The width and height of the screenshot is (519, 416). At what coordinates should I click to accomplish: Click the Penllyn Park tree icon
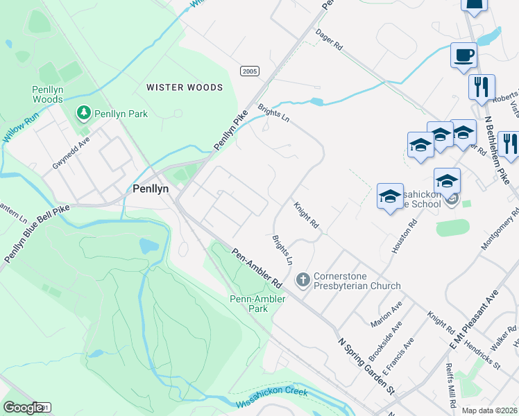pos(83,112)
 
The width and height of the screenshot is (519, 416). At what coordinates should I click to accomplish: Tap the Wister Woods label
pos(185,87)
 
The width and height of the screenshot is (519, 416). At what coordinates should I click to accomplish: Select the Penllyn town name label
pos(152,188)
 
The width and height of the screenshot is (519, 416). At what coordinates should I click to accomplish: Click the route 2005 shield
pos(250,71)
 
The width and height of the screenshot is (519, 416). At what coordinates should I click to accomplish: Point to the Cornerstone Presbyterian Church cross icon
pos(303,280)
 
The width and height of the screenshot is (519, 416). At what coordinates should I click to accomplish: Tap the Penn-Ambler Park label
pos(249,304)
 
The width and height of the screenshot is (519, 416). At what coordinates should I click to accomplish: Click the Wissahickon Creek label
pos(272,397)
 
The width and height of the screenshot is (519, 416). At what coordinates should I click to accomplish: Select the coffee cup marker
pos(463,54)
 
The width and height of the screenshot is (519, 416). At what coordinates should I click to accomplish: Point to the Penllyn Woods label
pos(48,94)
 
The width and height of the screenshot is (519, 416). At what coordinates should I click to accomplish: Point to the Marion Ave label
pos(386,315)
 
